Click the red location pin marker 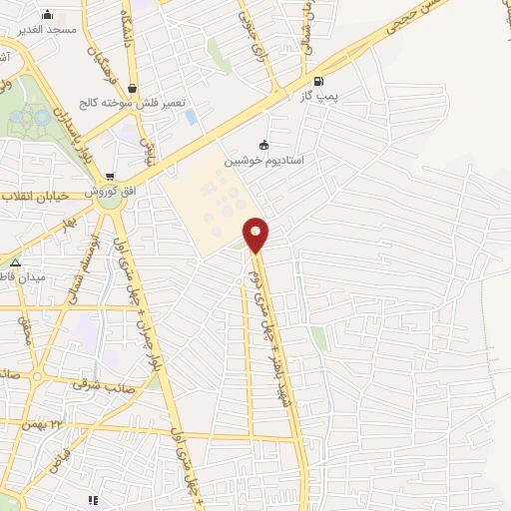[x=256, y=235]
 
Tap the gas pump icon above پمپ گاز [x=318, y=82]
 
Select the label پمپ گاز [x=318, y=98]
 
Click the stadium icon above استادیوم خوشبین [x=263, y=145]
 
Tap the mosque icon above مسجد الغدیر [x=47, y=15]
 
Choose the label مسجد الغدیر [x=46, y=30]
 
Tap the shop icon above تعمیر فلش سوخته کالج [x=133, y=89]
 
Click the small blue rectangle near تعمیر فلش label [x=191, y=117]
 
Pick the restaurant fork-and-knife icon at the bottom [x=93, y=500]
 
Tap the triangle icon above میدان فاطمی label [x=16, y=262]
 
